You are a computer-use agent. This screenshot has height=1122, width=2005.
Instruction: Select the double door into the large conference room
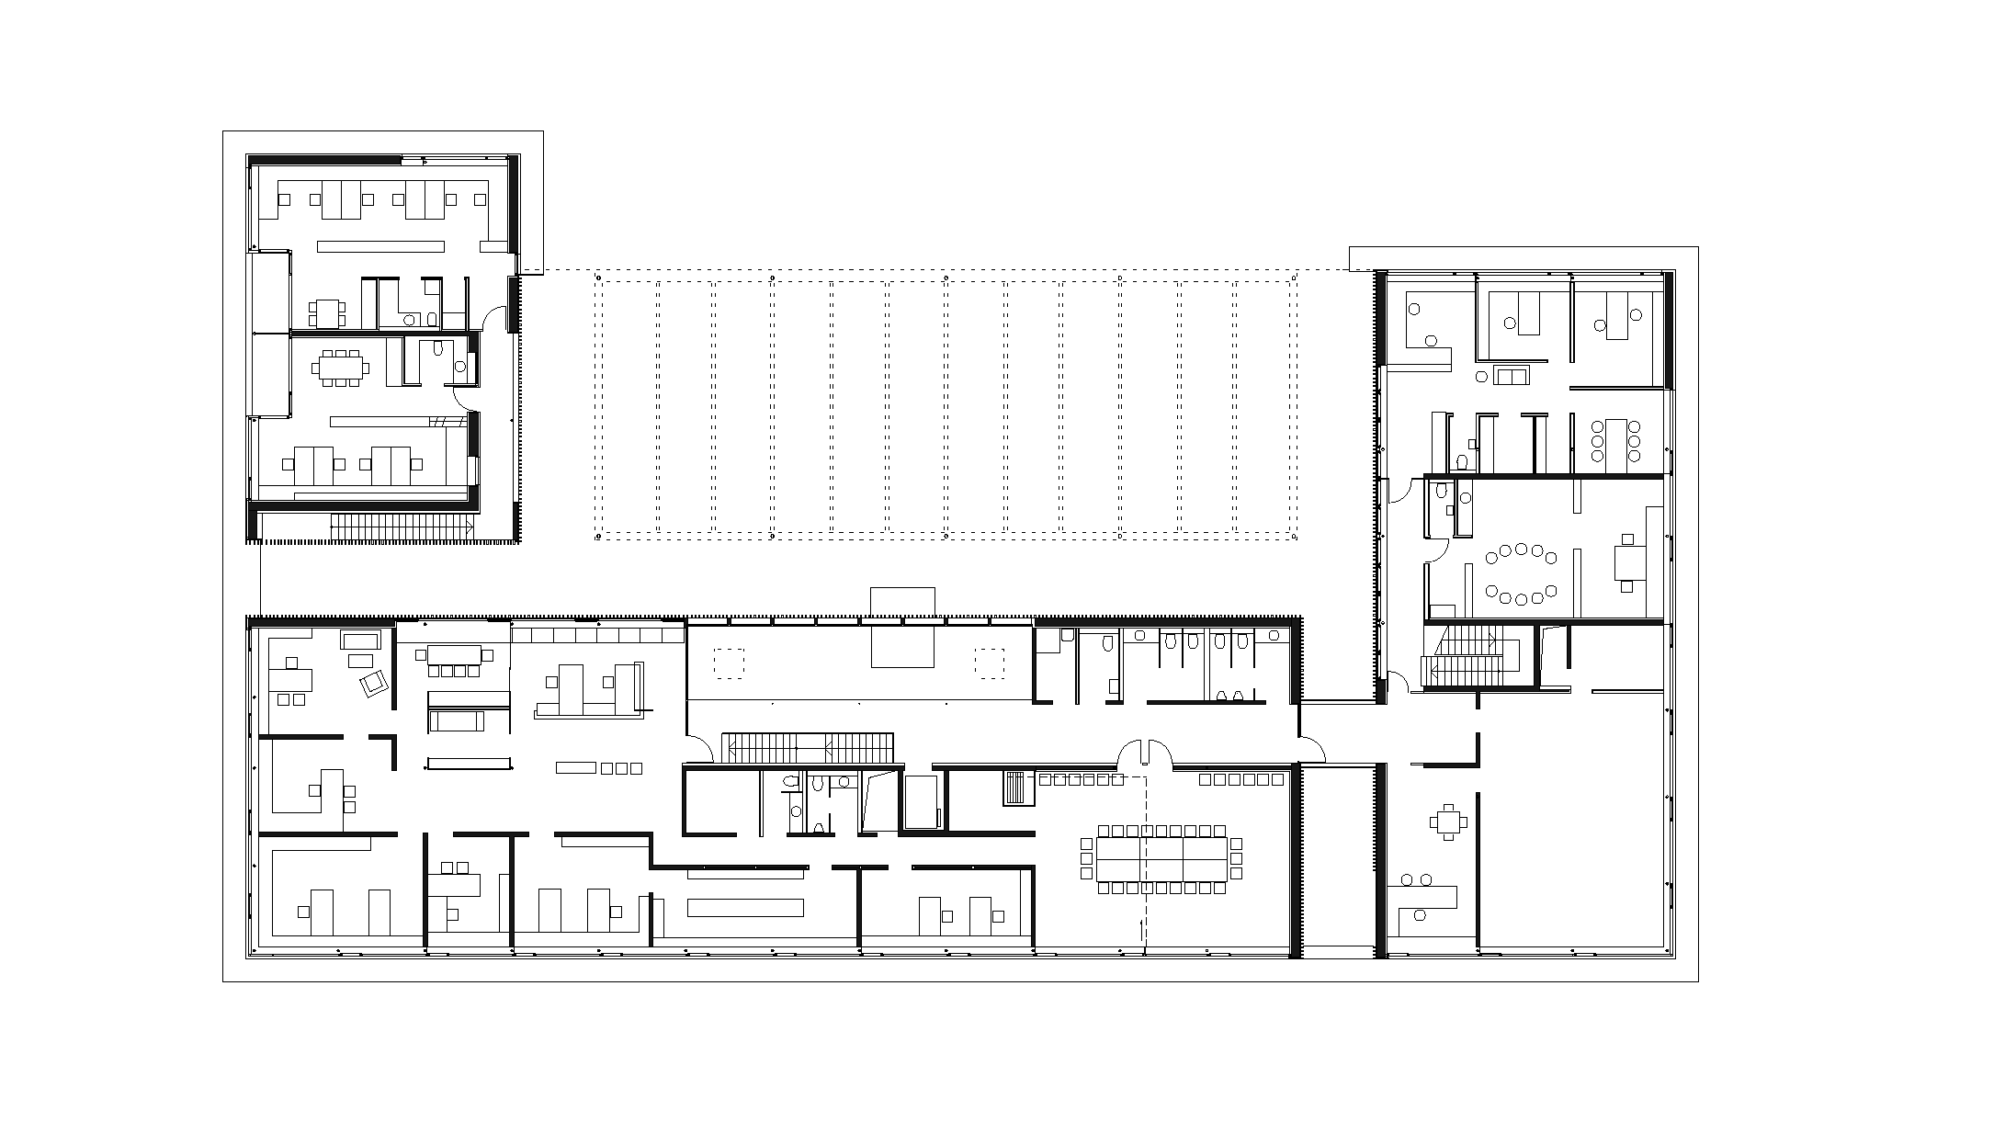[x=1144, y=753]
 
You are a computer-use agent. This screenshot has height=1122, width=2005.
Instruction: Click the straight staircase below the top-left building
[x=401, y=527]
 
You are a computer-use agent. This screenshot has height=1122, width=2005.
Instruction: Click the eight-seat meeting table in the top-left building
[x=341, y=368]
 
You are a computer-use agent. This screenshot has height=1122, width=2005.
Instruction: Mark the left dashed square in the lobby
[x=729, y=663]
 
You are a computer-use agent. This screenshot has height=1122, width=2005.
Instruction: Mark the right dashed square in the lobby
[x=991, y=663]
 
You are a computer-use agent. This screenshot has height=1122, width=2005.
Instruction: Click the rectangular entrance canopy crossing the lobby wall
[x=903, y=627]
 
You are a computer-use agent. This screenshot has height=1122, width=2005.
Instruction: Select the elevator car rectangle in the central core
[x=921, y=802]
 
